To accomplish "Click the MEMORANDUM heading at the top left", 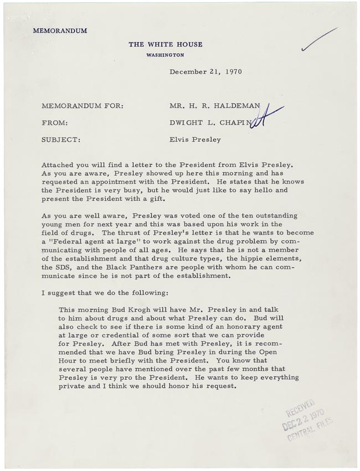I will click(60, 31).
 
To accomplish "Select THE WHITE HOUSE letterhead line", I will click(166, 44).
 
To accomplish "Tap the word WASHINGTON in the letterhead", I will click(166, 55).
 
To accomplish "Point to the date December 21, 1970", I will click(205, 71).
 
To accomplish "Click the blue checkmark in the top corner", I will click(319, 40).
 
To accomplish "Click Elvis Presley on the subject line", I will click(195, 140).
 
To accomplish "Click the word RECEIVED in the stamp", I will click(300, 408).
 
